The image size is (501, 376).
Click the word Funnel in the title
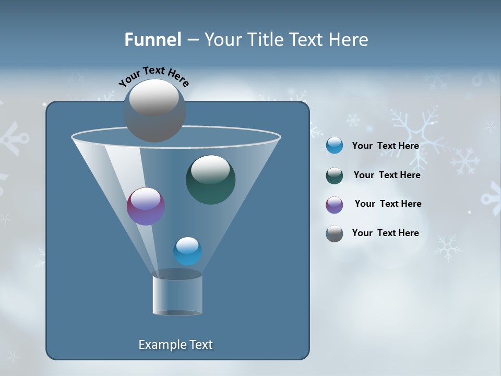coord(152,40)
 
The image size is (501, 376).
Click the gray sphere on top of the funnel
coord(154,110)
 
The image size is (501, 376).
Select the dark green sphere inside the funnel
coord(210,180)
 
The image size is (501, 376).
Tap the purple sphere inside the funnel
coord(146,206)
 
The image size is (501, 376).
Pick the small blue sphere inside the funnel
coord(187,251)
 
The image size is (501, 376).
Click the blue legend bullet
coord(335,146)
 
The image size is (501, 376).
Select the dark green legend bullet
coord(335,175)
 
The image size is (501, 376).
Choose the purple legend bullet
coord(335,205)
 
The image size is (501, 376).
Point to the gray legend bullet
coord(335,233)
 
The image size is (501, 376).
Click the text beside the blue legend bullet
coord(385,146)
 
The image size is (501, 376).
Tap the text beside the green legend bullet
coord(387,175)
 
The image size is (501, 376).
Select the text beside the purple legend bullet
coord(388,204)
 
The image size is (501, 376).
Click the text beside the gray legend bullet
coord(385,233)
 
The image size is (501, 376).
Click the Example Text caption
coord(175,345)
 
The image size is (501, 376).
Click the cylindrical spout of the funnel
coord(177,295)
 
